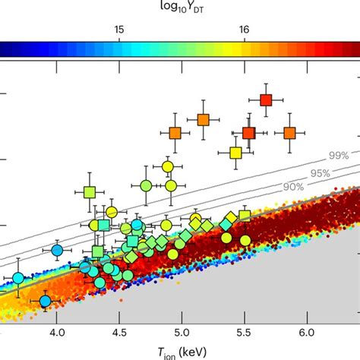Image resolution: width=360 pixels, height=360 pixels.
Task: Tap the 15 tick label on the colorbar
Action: pyautogui.click(x=118, y=29)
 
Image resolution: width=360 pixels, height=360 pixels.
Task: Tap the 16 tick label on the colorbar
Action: pyautogui.click(x=244, y=29)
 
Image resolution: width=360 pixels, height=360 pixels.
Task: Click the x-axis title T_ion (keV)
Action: pyautogui.click(x=180, y=352)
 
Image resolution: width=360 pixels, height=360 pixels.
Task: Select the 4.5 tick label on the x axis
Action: pyautogui.click(x=119, y=333)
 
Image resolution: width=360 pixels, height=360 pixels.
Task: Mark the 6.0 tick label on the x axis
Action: pyautogui.click(x=306, y=333)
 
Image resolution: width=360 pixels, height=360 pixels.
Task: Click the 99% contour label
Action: pyautogui.click(x=339, y=156)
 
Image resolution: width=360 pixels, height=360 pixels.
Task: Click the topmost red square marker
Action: pyautogui.click(x=266, y=99)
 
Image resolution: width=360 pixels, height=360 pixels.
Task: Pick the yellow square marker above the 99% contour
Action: pyautogui.click(x=235, y=153)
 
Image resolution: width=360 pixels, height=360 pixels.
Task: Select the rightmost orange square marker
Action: pyautogui.click(x=289, y=133)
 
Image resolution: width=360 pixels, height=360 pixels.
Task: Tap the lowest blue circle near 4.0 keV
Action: pyautogui.click(x=45, y=302)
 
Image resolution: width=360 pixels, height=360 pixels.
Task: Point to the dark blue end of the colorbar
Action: pyautogui.click(x=4, y=49)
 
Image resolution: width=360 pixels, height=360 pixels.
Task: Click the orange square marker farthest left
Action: pyautogui.click(x=175, y=133)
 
